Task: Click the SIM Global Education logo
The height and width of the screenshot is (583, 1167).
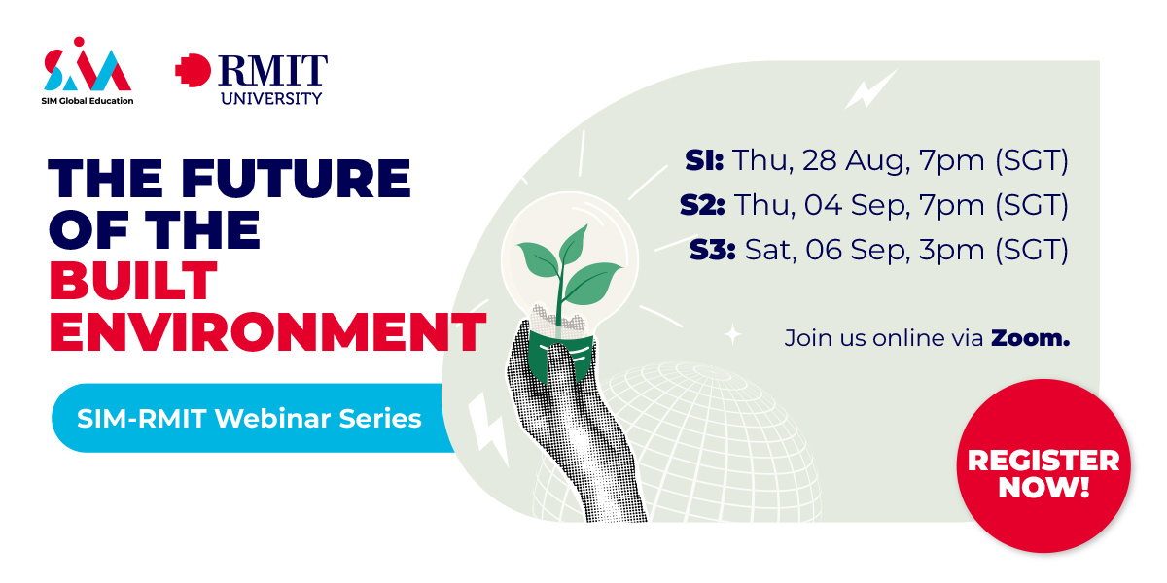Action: [87, 71]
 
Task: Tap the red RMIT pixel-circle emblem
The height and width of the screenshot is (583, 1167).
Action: [193, 70]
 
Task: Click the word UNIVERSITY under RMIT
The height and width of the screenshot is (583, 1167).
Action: [271, 98]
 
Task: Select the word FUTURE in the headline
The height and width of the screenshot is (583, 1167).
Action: [296, 178]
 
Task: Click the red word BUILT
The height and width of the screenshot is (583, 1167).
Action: [133, 281]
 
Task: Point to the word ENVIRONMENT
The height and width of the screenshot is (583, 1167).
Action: [267, 332]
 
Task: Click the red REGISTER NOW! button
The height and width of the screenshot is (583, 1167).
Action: [1043, 465]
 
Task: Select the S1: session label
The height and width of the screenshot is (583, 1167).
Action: [704, 159]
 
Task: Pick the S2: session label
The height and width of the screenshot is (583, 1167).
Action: [702, 205]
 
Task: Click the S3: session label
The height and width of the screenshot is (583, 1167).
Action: [712, 250]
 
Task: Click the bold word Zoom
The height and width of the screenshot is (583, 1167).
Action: [1030, 338]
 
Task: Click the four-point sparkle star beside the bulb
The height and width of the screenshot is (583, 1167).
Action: [733, 334]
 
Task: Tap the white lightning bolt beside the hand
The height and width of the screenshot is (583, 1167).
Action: [487, 429]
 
